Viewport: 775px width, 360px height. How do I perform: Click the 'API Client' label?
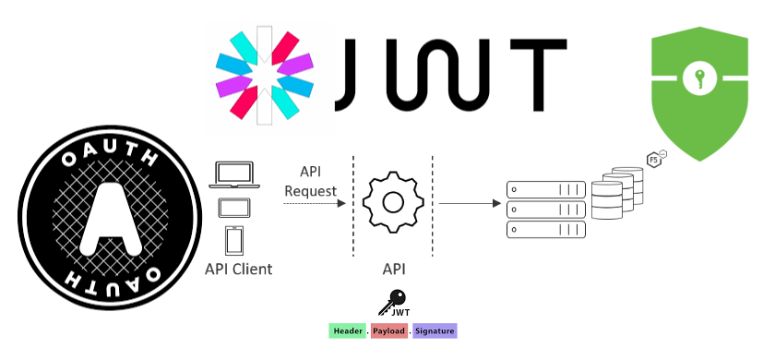pyautogui.click(x=239, y=270)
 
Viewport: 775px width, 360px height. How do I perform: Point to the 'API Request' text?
pyautogui.click(x=310, y=181)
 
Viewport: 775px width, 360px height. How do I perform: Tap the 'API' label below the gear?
pyautogui.click(x=393, y=270)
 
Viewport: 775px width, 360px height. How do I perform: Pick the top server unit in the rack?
pyautogui.click(x=545, y=188)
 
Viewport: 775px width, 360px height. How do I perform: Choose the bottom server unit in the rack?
pyautogui.click(x=545, y=228)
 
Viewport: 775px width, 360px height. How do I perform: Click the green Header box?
pyautogui.click(x=347, y=330)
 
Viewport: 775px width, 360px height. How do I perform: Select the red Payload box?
pyautogui.click(x=389, y=330)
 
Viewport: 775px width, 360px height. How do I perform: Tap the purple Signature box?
pyautogui.click(x=434, y=330)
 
